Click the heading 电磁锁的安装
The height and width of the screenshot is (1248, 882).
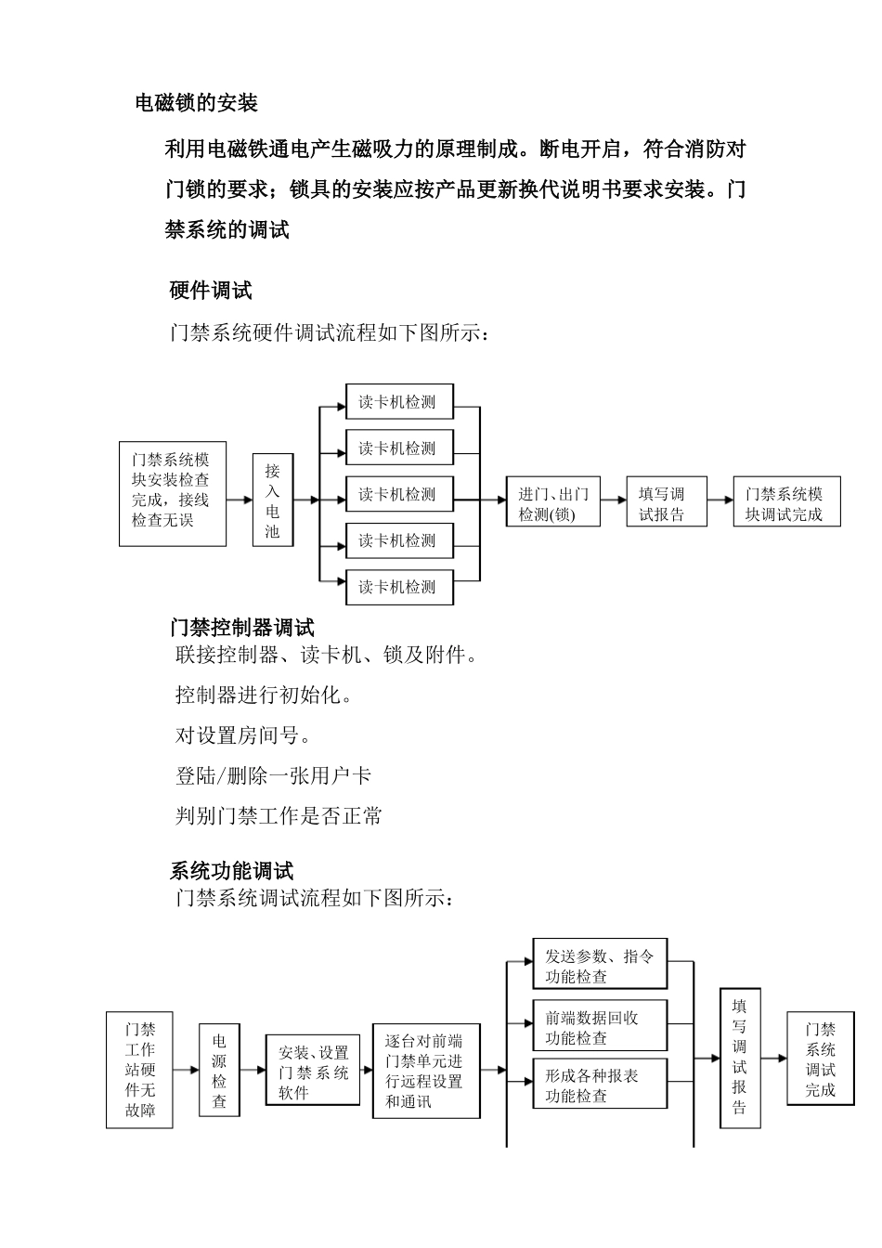[x=196, y=103]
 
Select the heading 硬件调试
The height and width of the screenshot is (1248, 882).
[x=211, y=291]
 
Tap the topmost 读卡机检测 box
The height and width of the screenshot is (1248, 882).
[x=399, y=402]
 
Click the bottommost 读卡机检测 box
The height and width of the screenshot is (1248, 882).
[x=399, y=587]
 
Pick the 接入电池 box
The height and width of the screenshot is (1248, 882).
[x=272, y=500]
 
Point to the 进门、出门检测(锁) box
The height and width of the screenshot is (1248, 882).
[x=553, y=503]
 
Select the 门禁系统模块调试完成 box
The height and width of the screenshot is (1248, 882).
[x=786, y=503]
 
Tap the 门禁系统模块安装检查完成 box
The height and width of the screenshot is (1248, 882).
[x=173, y=493]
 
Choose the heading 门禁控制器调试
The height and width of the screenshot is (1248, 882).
[x=241, y=628]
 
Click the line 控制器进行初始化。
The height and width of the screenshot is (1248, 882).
[x=265, y=695]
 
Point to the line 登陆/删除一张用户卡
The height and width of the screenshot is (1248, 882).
[x=273, y=775]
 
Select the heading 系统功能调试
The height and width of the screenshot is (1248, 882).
[x=231, y=871]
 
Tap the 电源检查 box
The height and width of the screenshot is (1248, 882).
[x=219, y=1071]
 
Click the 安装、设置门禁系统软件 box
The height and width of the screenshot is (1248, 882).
[x=313, y=1071]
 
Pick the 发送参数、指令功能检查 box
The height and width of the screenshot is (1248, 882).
[x=600, y=965]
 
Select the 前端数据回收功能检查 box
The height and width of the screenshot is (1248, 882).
[x=600, y=1026]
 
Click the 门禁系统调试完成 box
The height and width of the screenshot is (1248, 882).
[x=820, y=1059]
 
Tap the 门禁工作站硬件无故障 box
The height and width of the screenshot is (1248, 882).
[x=139, y=1070]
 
